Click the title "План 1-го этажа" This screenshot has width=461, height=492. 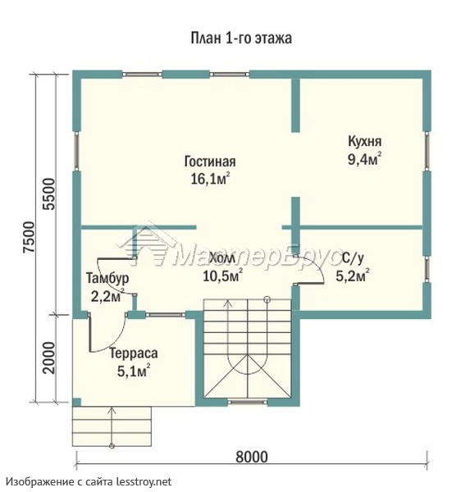coord(241,39)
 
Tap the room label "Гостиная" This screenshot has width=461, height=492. coord(210,162)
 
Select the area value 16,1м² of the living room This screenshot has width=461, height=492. coord(211,178)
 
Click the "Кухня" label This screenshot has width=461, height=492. coord(365,142)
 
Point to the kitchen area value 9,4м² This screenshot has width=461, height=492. coord(364,159)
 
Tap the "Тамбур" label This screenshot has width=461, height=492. coord(107,278)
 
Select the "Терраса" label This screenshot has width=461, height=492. coord(134,353)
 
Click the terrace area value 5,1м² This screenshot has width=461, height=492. coord(133,371)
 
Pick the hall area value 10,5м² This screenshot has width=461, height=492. coord(222,276)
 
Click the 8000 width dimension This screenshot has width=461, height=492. coord(252,457)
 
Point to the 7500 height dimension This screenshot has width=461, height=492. coord(30,237)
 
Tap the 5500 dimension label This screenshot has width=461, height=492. coord(49,194)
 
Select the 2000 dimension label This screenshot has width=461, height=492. coord(49,358)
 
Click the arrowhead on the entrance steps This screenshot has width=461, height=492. coord(112,410)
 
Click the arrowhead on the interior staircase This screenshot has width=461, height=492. coord(227,303)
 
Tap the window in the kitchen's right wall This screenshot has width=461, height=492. coord(427,151)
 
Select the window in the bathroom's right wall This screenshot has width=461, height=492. coord(427,269)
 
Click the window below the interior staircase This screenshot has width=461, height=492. coord(247,402)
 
